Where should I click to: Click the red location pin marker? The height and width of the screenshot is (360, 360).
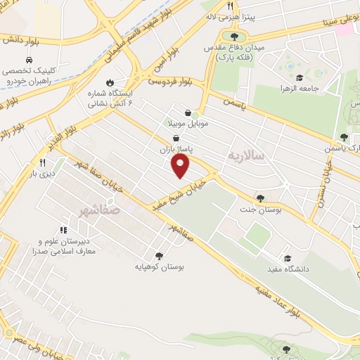pyautogui.click(x=181, y=165)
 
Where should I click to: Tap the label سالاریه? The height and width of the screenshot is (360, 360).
pyautogui.click(x=246, y=155)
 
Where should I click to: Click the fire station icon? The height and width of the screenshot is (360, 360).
pyautogui.click(x=109, y=81)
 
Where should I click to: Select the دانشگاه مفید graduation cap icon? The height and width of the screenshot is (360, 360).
pyautogui.click(x=287, y=257)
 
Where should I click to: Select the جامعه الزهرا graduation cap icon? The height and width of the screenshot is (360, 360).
pyautogui.click(x=300, y=77)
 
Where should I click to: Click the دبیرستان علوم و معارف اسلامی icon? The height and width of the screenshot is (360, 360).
pyautogui.click(x=63, y=229)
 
